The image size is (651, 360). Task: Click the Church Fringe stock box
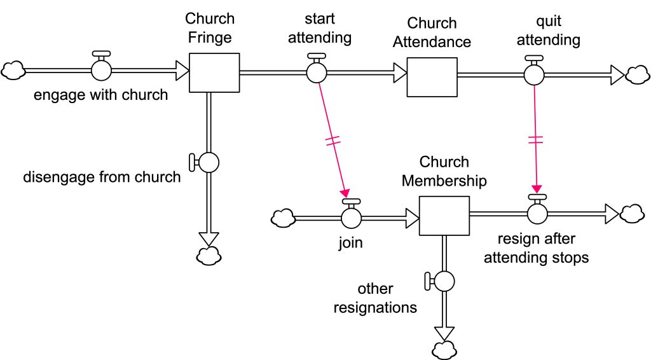pyautogui.click(x=215, y=73)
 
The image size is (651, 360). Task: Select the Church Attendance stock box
pyautogui.click(x=432, y=77)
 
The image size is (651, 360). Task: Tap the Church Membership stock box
pyautogui.click(x=444, y=216)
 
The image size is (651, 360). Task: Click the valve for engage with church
pyautogui.click(x=101, y=70)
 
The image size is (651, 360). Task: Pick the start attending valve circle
pyautogui.click(x=317, y=73)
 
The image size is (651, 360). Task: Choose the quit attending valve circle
pyautogui.click(x=534, y=74)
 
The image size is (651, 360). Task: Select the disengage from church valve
pyautogui.click(x=209, y=162)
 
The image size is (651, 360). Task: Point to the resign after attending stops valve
pyautogui.click(x=538, y=212)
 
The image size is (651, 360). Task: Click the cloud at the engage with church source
pyautogui.click(x=12, y=70)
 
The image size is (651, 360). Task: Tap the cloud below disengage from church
pyautogui.click(x=209, y=256)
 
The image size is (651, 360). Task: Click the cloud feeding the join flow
pyautogui.click(x=283, y=218)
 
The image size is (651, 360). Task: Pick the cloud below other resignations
pyautogui.click(x=444, y=349)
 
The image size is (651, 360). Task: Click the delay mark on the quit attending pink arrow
pyautogui.click(x=536, y=140)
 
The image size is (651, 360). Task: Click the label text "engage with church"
pyautogui.click(x=101, y=95)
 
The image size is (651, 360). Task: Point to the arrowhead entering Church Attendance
pyautogui.click(x=400, y=73)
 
